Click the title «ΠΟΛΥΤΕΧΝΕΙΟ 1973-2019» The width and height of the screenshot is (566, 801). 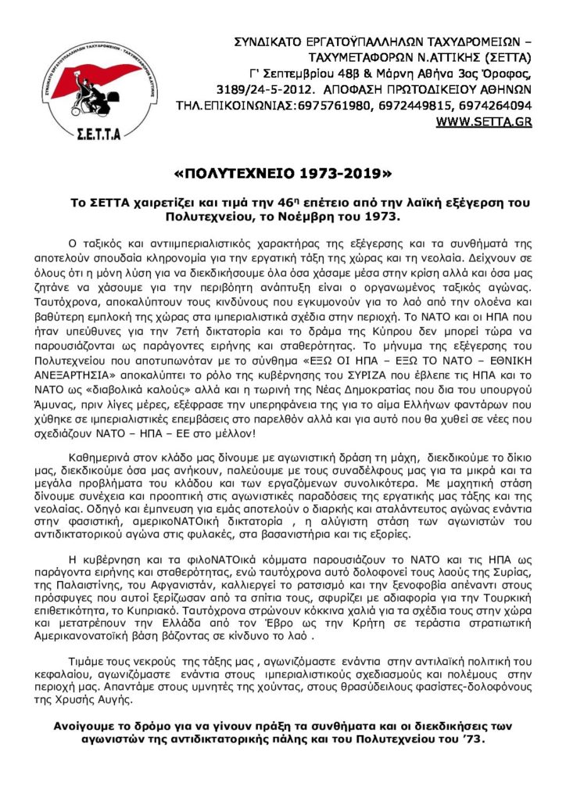coord(282,172)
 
